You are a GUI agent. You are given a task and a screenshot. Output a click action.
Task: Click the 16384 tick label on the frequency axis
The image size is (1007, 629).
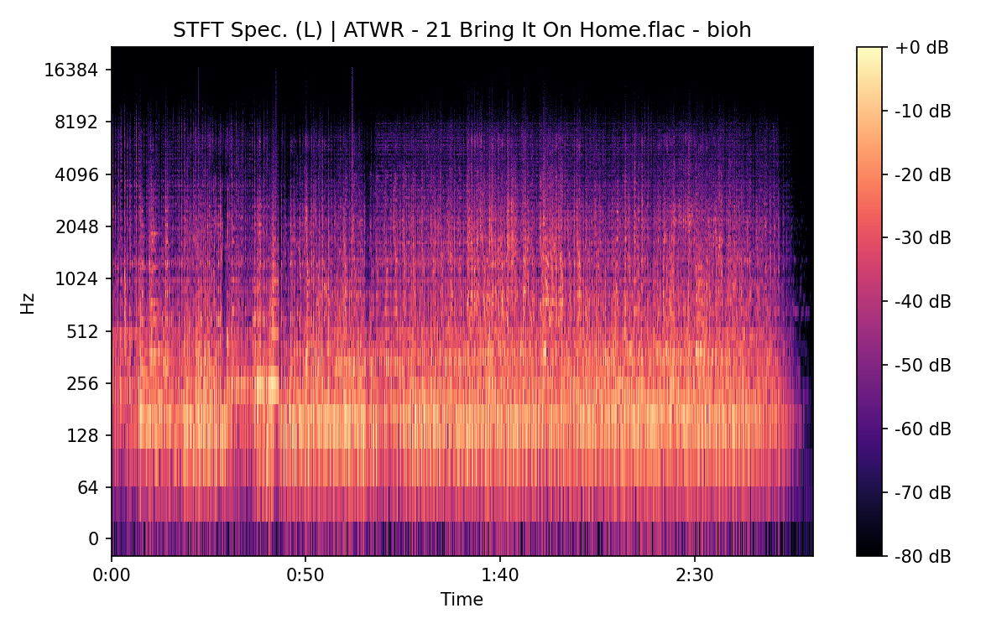[x=71, y=70]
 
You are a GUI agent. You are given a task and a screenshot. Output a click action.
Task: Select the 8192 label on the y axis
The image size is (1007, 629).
[x=76, y=122]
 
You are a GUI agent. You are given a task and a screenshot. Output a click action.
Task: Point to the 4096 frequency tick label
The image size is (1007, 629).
[x=76, y=174]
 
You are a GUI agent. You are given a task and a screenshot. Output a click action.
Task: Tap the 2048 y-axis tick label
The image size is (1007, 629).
[x=76, y=226]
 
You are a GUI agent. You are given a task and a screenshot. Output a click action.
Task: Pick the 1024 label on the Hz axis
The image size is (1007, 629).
[x=76, y=278]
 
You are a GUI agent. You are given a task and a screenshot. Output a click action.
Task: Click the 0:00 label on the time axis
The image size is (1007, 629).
[x=112, y=575]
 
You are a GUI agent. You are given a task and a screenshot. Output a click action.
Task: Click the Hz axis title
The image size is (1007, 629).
[x=28, y=303]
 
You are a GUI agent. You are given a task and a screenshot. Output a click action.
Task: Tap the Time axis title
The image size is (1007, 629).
[x=462, y=600]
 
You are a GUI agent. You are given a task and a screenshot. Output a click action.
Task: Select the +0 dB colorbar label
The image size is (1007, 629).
[x=922, y=48]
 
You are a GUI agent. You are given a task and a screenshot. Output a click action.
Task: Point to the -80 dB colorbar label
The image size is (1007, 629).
[x=922, y=555]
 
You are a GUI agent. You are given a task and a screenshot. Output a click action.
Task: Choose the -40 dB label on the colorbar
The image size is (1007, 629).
[x=922, y=301]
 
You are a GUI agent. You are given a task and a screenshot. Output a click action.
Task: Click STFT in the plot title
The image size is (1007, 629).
[x=194, y=30]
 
